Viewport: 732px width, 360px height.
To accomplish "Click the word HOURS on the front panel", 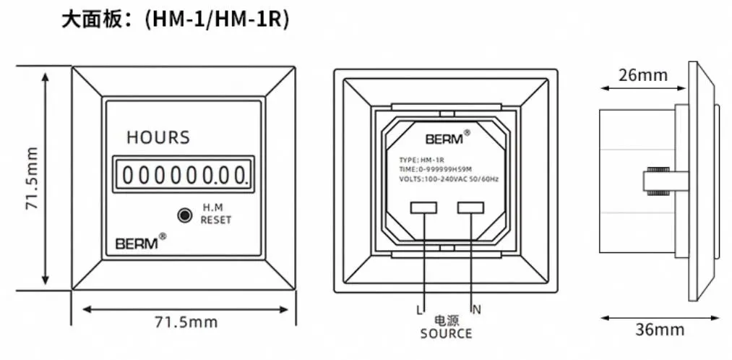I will tap(158, 137).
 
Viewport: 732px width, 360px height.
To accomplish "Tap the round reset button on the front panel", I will tap(185, 215).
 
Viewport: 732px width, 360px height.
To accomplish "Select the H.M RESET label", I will tap(216, 213).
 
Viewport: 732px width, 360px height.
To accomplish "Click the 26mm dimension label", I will tap(643, 75).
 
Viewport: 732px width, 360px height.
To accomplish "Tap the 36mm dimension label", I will tap(660, 330).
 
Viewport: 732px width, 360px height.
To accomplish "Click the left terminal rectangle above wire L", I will tap(423, 208).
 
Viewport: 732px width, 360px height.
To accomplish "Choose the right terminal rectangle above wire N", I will tap(470, 208).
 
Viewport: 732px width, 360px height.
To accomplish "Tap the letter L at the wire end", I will tap(418, 310).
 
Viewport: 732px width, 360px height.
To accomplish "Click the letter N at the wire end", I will tap(476, 310).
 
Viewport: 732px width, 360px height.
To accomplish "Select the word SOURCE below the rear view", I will tap(446, 334).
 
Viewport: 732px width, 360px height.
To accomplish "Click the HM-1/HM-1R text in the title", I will tap(217, 19).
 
